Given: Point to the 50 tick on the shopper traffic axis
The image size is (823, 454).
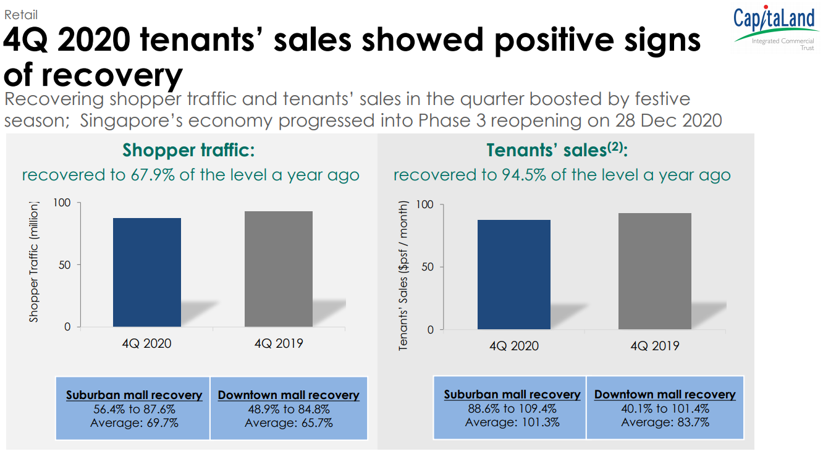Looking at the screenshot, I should coord(65,265).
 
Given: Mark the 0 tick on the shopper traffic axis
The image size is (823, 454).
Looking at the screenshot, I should coord(68,327).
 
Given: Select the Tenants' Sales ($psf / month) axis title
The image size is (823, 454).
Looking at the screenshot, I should coord(403,275).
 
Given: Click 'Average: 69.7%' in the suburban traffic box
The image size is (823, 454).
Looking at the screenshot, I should coord(134,422).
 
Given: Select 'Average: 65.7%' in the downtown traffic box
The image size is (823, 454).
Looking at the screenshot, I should coord(289,422).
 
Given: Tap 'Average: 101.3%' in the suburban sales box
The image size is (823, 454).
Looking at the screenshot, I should coord(512,422).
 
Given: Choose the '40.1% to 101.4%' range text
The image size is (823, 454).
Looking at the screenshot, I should coord(665,408).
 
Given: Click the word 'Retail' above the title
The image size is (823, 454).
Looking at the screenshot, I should coord(21,15).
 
